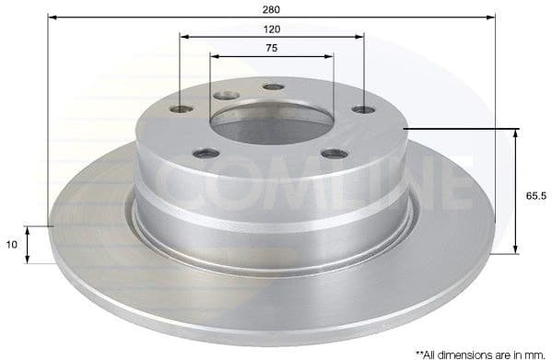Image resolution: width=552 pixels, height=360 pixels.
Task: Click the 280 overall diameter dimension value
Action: [271, 8]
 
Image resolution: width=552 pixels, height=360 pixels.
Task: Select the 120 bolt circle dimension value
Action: [271, 29]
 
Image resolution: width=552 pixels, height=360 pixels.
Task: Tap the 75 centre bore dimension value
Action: [271, 48]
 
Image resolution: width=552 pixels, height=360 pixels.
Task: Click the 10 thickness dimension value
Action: [13, 245]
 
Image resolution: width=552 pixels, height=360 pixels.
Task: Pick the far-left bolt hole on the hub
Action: [182, 110]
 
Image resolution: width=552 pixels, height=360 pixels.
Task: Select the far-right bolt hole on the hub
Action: [363, 110]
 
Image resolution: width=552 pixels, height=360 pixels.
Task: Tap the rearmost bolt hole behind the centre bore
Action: [273, 87]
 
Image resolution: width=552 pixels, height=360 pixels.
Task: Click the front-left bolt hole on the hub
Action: [207, 153]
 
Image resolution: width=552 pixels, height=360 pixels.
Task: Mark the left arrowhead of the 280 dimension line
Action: [52, 17]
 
